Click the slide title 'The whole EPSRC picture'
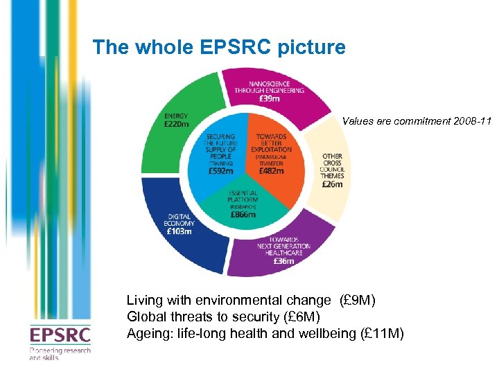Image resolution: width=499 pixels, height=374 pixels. (218, 47)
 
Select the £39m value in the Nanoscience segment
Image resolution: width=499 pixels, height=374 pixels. (271, 98)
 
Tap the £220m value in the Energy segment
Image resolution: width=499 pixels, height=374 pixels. (177, 125)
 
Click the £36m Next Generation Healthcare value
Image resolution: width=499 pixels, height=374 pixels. (283, 261)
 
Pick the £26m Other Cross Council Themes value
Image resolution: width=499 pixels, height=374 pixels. (333, 184)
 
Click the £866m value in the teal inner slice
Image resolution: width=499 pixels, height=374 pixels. (243, 215)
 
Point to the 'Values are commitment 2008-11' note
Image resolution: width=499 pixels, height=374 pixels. (417, 121)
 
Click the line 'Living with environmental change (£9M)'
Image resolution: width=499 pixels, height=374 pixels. (250, 301)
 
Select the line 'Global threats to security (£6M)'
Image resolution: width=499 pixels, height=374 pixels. (223, 317)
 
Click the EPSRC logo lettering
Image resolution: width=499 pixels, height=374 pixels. (60, 336)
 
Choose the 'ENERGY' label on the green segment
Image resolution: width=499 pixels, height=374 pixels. (175, 116)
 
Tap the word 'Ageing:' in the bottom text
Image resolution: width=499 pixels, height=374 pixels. (147, 333)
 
